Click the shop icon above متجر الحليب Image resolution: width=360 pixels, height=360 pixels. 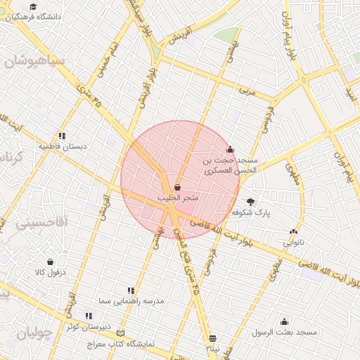tap(176, 188)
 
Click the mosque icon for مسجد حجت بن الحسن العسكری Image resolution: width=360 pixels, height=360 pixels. tap(230, 149)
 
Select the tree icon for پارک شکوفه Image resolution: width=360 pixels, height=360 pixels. tap(251, 201)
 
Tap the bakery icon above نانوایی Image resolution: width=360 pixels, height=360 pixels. tap(293, 231)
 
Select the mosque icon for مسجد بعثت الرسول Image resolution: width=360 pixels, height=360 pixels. tap(285, 321)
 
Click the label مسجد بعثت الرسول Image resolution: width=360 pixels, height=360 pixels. tap(286, 332)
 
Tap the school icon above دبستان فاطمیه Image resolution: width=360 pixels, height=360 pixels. tap(63, 136)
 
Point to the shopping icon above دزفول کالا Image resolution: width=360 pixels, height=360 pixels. tap(50, 262)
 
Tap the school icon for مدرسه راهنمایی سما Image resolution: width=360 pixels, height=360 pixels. tap(131, 290)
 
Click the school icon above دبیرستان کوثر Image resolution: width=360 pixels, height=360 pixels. tap(89, 316)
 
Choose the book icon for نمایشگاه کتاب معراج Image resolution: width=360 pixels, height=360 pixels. tap(121, 333)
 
